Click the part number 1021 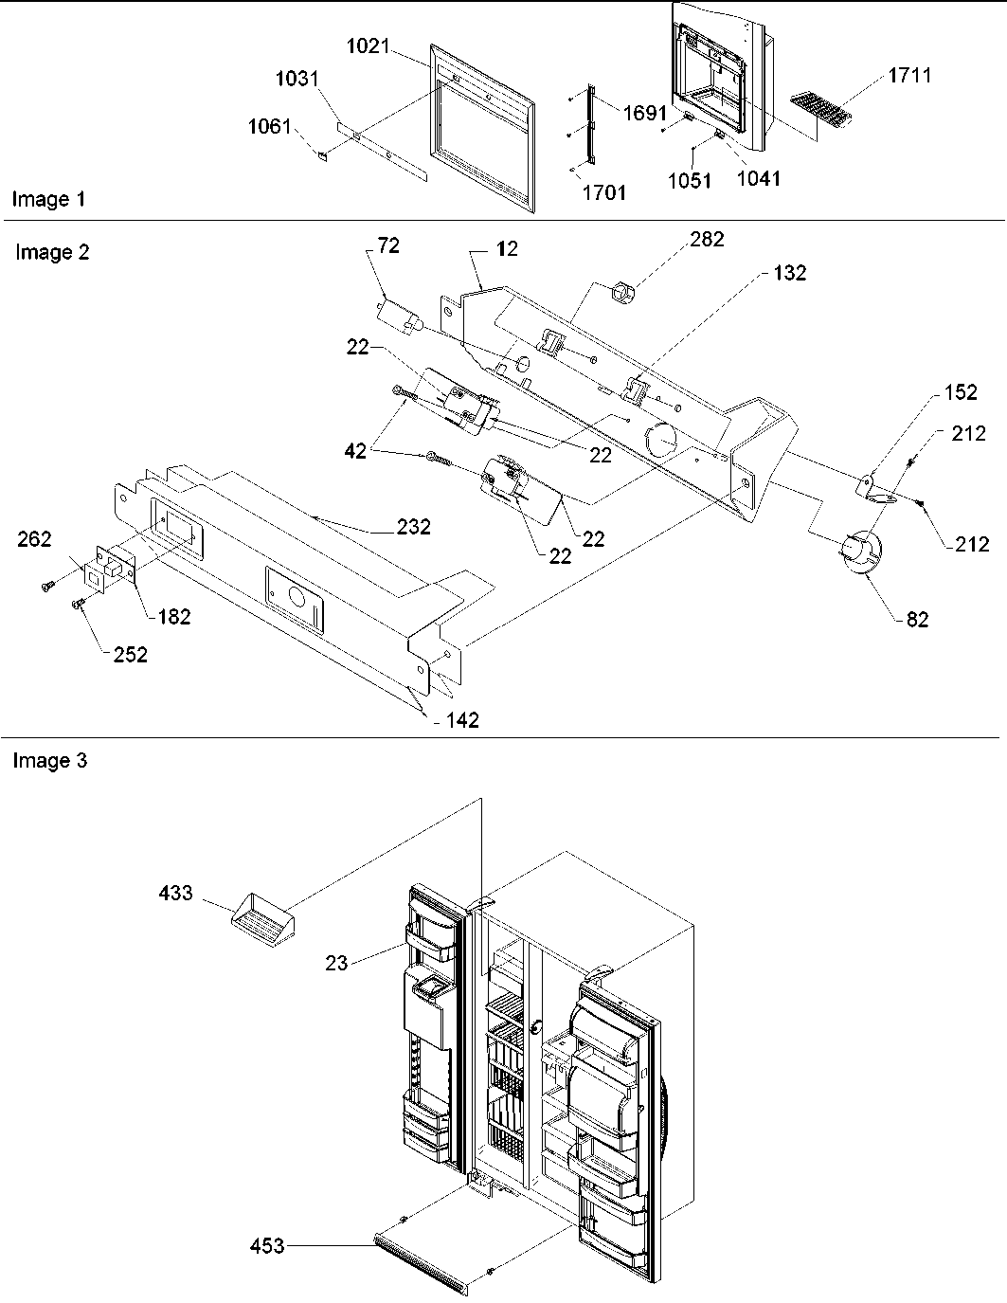[368, 45]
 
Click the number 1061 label [269, 126]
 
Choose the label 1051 [689, 180]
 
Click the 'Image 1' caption [48, 199]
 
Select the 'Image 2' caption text [52, 252]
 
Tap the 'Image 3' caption [49, 761]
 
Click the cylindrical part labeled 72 [395, 311]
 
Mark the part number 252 [130, 654]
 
